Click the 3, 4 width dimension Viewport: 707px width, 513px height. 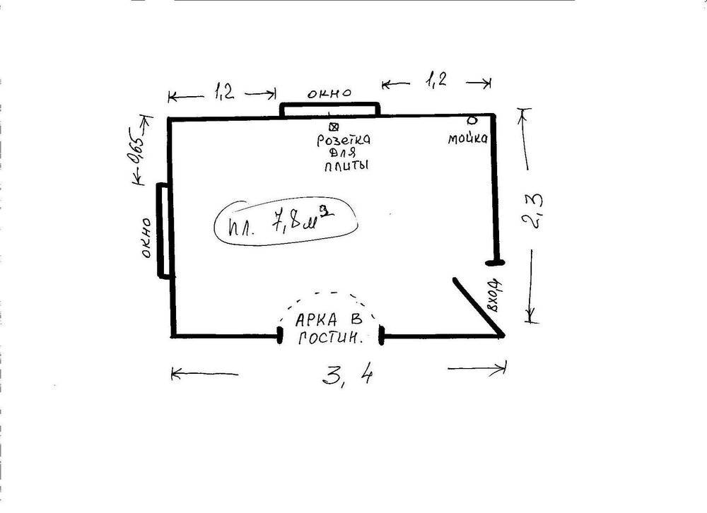348,374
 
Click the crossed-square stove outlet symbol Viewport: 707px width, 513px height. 334,126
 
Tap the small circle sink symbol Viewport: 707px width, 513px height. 472,120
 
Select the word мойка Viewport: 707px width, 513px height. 467,138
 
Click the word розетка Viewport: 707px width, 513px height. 344,140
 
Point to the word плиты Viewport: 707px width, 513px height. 346,165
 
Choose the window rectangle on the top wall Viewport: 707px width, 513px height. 329,110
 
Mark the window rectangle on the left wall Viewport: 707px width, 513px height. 163,230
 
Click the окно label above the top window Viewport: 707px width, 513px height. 329,93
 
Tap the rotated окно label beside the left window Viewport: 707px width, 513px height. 146,238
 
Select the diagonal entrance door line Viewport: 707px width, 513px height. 479,307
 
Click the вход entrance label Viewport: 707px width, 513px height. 495,296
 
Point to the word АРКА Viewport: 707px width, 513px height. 316,320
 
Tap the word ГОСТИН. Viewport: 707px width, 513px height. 330,338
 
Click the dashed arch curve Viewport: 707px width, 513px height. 329,293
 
